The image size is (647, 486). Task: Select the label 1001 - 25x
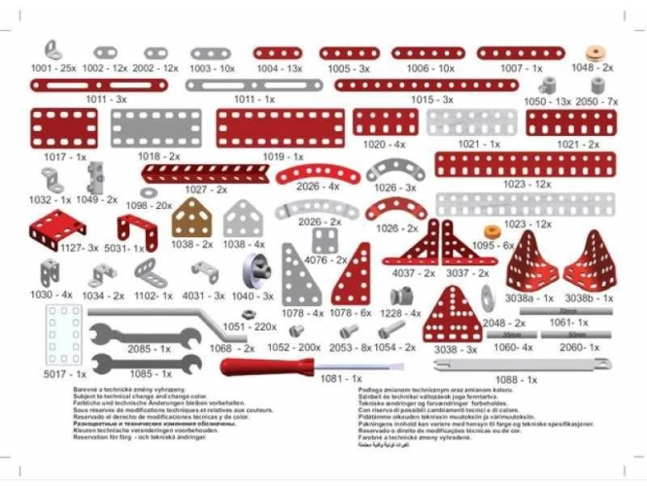click(53, 69)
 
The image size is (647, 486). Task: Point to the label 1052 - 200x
click(294, 347)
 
